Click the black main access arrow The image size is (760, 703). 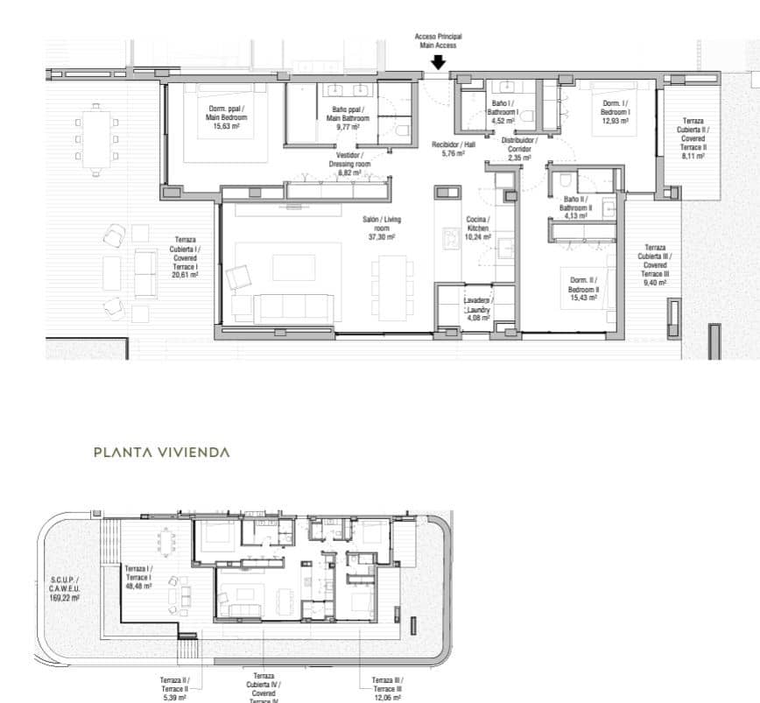(x=439, y=62)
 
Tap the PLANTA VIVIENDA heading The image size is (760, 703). (x=162, y=453)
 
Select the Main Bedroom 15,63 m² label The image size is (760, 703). (x=227, y=117)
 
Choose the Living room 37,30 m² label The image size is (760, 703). (x=379, y=228)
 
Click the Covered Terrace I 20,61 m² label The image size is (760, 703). (x=185, y=257)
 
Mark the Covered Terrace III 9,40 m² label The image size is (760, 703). (x=655, y=265)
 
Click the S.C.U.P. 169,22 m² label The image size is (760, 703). (x=64, y=591)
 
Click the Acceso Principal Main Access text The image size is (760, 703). (x=438, y=40)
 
